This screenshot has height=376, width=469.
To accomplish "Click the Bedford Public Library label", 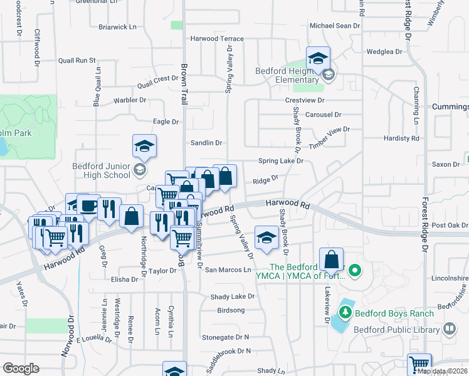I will pos(398,328).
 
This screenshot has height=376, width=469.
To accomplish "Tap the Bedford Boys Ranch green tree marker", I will pos(344,311).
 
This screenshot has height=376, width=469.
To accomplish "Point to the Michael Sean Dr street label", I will pos(335,26).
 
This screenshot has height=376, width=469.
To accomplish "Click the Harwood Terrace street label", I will pos(213,38).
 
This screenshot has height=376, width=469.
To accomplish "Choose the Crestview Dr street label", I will pos(305,100).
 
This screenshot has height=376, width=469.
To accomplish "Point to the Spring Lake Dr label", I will pos(281,161).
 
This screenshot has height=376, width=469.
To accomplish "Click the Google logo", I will pos(21,368).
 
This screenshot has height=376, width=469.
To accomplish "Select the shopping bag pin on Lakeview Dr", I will pos(331,259).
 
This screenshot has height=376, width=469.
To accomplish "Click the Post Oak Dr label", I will pos(450,225).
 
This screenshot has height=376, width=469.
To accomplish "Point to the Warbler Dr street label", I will pos(130,100).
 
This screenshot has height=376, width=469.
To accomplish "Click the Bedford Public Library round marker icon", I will pos(449,328).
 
